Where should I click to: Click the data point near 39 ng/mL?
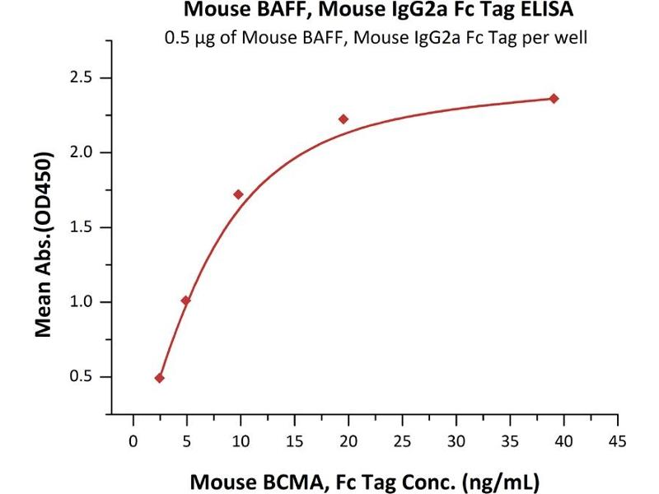[554, 99]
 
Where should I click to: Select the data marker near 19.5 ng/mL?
[344, 119]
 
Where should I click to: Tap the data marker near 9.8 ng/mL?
[238, 194]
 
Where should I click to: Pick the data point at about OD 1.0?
[185, 301]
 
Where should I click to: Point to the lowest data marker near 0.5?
[159, 378]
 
